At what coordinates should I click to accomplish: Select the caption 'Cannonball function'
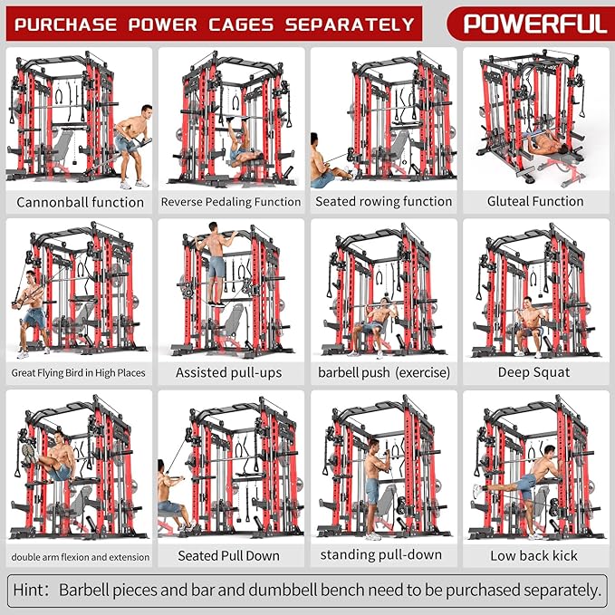tap(80, 202)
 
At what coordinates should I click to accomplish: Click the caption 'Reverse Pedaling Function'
tap(231, 202)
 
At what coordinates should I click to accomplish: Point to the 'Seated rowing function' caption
tap(383, 202)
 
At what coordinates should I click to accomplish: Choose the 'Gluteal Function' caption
tap(535, 202)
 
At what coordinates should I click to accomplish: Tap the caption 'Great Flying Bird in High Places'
tap(79, 372)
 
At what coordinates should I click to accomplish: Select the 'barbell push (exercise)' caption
tap(383, 372)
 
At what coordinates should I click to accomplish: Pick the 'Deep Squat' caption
tap(533, 372)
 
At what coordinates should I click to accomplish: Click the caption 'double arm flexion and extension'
tap(79, 555)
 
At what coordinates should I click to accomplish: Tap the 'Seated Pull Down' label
tap(228, 555)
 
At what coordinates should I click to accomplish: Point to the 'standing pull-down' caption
tap(381, 554)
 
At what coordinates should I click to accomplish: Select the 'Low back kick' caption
tap(533, 555)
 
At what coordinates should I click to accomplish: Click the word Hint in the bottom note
tap(31, 591)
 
